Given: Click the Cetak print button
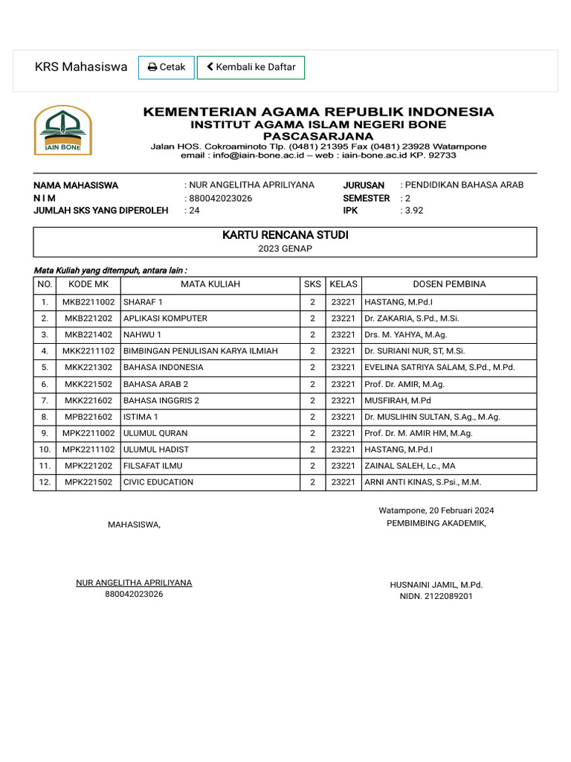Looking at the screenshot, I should pyautogui.click(x=167, y=67).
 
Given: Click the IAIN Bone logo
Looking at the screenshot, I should pyautogui.click(x=62, y=130).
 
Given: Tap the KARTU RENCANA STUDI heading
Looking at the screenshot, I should pyautogui.click(x=285, y=235).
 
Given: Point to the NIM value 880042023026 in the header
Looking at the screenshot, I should pyautogui.click(x=221, y=198).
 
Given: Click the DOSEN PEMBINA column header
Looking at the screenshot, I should pyautogui.click(x=449, y=284).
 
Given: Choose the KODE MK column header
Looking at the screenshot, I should pyautogui.click(x=88, y=284).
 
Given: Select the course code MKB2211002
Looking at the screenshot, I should pyautogui.click(x=88, y=302).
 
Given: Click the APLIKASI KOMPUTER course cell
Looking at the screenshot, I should pyautogui.click(x=165, y=318).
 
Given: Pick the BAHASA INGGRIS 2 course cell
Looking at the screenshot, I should pyautogui.click(x=161, y=400).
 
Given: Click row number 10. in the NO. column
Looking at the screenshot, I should pyautogui.click(x=45, y=449).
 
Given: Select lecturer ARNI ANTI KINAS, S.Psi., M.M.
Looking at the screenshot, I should pyautogui.click(x=422, y=482).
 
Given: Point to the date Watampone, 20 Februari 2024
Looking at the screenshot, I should pyautogui.click(x=436, y=510).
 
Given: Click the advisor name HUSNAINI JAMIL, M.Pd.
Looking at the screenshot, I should pyautogui.click(x=436, y=585).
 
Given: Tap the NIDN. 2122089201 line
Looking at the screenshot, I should pyautogui.click(x=436, y=596).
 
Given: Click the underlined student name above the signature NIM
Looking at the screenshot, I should pyautogui.click(x=134, y=583).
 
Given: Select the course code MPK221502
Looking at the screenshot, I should pyautogui.click(x=88, y=482).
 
